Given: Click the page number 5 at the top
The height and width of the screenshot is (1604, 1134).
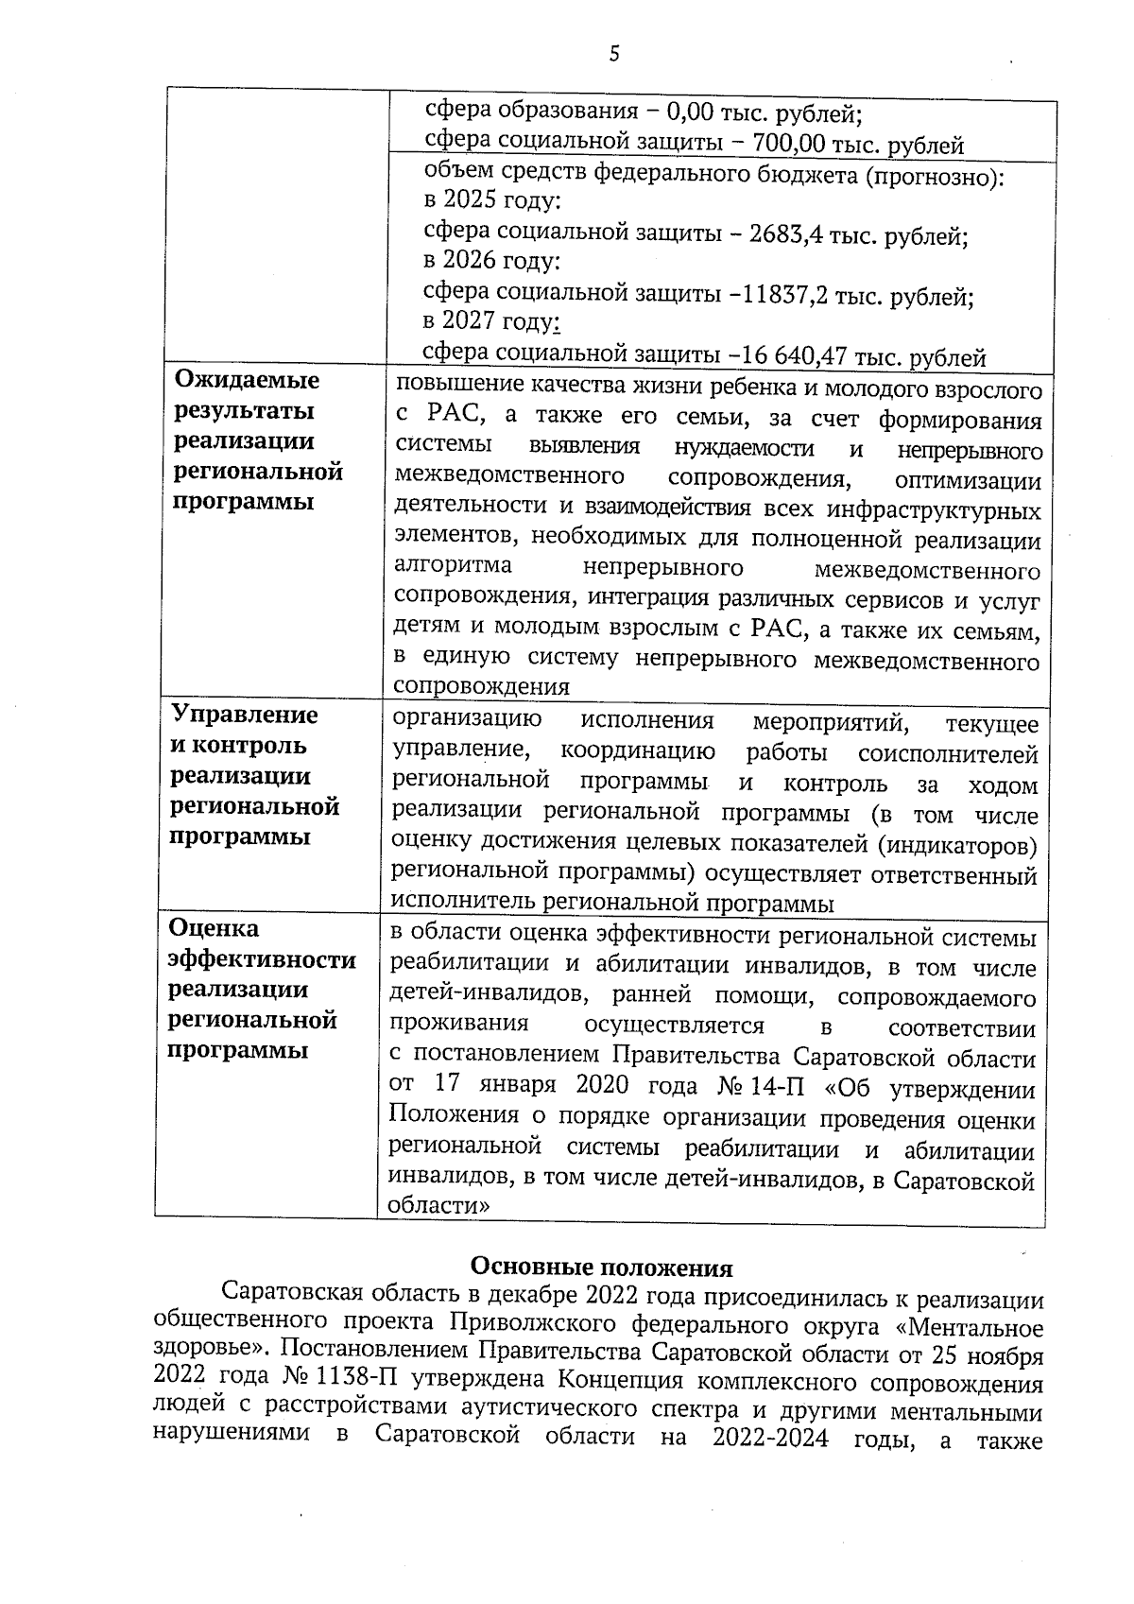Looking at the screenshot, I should click(614, 55).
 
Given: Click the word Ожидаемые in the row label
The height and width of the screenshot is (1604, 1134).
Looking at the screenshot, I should click(248, 380).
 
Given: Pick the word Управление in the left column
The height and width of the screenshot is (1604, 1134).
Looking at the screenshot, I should click(244, 715).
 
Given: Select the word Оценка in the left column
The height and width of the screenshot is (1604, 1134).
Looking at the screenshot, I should click(214, 928).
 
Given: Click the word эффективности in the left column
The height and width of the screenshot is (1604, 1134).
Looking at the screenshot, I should click(262, 959).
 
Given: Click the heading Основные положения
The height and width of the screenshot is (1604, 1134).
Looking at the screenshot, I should click(601, 1267).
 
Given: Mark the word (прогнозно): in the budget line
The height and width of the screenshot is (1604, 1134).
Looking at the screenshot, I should click(936, 176).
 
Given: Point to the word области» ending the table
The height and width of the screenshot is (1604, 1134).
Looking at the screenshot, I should click(439, 1206).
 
